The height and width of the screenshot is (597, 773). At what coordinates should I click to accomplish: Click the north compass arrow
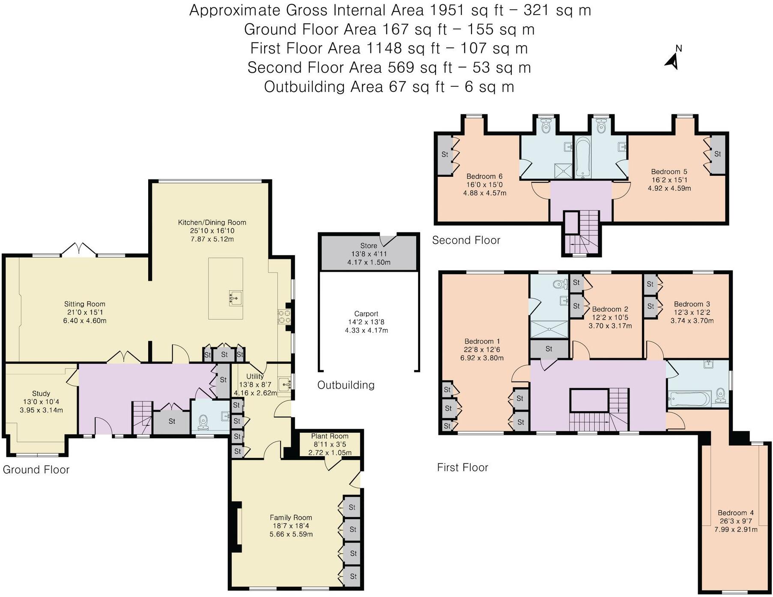coord(672,62)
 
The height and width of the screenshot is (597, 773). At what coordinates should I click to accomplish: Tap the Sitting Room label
coord(84,304)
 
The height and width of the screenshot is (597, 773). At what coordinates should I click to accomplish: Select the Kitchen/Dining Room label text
coord(212,223)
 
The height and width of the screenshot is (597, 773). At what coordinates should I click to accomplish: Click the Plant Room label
coord(330,437)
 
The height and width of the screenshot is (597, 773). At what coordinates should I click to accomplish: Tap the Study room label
coord(41,394)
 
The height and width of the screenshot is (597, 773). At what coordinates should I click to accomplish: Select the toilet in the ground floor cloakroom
coord(203,423)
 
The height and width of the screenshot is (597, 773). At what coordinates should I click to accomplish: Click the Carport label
coord(366,314)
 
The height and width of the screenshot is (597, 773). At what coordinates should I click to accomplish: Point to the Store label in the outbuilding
coord(368,246)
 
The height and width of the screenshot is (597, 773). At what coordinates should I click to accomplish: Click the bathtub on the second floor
coord(582,157)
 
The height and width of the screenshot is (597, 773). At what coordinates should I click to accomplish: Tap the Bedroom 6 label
coord(484,176)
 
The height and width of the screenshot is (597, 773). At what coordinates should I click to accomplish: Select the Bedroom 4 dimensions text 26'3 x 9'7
coord(736,521)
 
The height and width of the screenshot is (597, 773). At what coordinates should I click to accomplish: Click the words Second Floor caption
coord(466,241)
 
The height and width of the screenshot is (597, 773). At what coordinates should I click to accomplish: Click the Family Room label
coord(291,518)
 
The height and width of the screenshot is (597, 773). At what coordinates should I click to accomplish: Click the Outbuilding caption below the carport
coord(346,385)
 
